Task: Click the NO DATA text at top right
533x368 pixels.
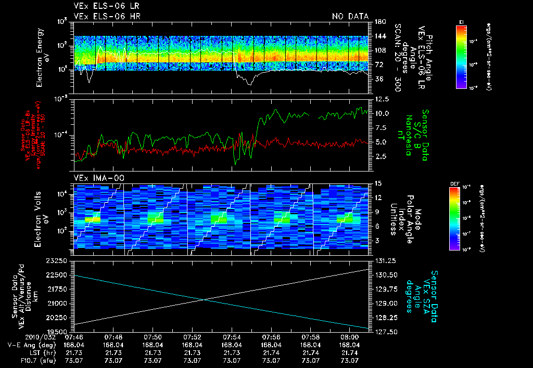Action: click(350, 16)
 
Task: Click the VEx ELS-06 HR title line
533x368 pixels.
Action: click(107, 16)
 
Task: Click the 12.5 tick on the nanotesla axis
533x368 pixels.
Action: click(380, 99)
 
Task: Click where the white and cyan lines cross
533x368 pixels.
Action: click(204, 299)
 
